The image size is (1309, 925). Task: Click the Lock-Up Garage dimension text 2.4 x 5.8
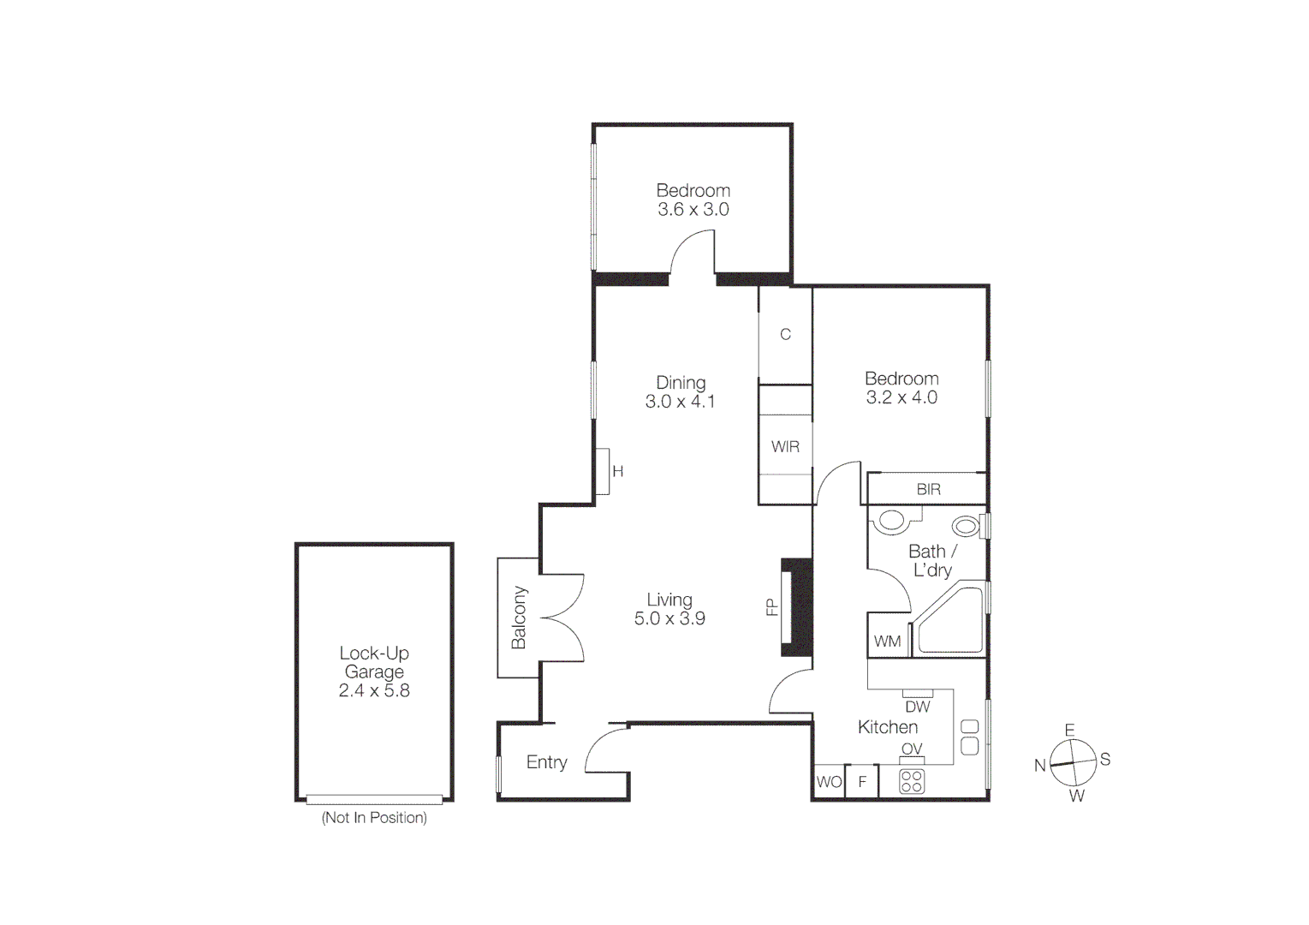pyautogui.click(x=374, y=691)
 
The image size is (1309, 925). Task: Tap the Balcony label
pyautogui.click(x=519, y=618)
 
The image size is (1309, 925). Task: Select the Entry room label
pyautogui.click(x=546, y=762)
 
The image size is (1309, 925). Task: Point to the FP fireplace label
pyautogui.click(x=772, y=607)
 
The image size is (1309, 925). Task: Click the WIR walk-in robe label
pyautogui.click(x=785, y=447)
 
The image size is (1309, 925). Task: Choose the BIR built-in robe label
pyautogui.click(x=928, y=490)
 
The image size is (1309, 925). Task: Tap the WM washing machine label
pyautogui.click(x=887, y=642)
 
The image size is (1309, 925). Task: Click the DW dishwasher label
pyautogui.click(x=917, y=707)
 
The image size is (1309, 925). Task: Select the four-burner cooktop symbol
pyautogui.click(x=912, y=781)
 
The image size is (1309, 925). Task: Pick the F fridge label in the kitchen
pyautogui.click(x=862, y=782)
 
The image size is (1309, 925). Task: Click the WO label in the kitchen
pyautogui.click(x=829, y=782)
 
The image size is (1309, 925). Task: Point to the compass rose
pyautogui.click(x=1073, y=762)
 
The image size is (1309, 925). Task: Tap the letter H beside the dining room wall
pyautogui.click(x=617, y=472)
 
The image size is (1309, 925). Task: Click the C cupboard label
pyautogui.click(x=785, y=335)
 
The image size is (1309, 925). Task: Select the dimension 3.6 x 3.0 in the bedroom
pyautogui.click(x=693, y=210)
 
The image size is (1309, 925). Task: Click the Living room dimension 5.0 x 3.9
pyautogui.click(x=669, y=619)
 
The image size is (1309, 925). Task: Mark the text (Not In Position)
pyautogui.click(x=374, y=818)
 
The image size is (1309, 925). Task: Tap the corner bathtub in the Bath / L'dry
pyautogui.click(x=950, y=621)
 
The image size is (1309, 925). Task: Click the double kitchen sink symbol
pyautogui.click(x=969, y=737)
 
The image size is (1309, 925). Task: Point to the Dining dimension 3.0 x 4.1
pyautogui.click(x=680, y=402)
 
